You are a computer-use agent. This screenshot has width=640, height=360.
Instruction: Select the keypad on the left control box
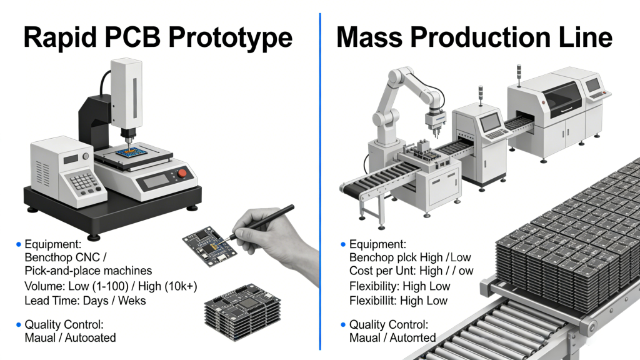pos(84,182)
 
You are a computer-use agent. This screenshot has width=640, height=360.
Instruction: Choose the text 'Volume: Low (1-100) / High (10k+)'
pos(110,286)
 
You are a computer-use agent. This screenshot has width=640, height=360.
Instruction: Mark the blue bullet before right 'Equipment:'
pos(342,244)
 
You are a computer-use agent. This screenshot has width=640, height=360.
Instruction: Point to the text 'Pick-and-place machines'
pos(88,271)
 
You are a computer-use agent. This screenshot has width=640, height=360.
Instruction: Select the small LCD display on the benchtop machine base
pos(154,180)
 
